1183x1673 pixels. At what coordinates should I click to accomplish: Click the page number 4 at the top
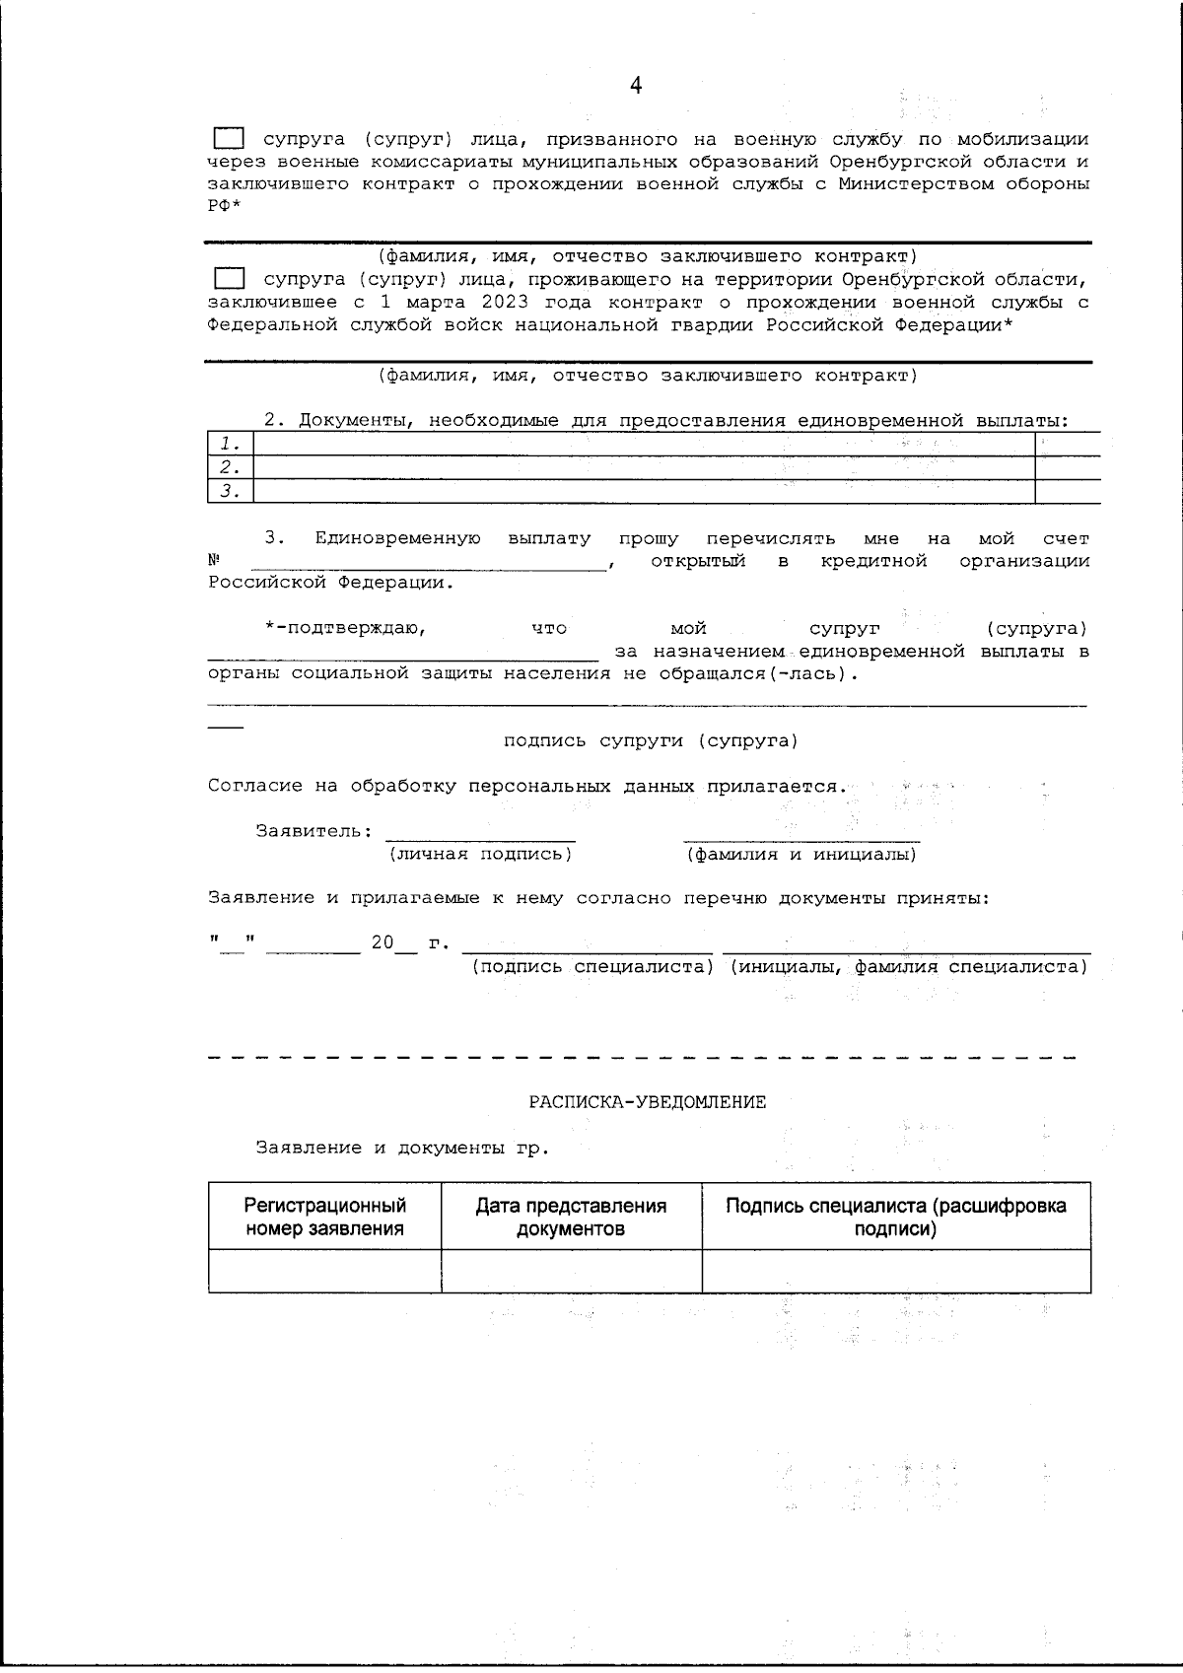[635, 87]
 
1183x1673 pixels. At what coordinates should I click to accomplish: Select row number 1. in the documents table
[231, 444]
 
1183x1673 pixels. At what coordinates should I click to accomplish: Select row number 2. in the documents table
[231, 467]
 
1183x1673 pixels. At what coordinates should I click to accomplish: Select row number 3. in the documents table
[231, 491]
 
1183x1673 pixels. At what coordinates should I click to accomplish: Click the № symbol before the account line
[213, 561]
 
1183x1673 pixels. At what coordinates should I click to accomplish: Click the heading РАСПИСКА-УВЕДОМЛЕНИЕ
[648, 1102]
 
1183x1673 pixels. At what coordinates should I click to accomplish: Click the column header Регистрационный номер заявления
[324, 1217]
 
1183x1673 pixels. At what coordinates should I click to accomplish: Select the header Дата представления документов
[571, 1217]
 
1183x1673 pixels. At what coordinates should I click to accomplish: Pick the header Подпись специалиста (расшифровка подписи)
[895, 1217]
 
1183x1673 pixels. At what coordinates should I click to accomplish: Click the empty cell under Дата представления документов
[571, 1271]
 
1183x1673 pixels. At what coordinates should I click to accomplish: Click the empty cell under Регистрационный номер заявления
[324, 1271]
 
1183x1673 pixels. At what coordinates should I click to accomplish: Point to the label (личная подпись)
[480, 854]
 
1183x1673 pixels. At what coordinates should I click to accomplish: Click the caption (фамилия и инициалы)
[801, 855]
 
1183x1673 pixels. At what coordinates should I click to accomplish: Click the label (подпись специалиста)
[591, 967]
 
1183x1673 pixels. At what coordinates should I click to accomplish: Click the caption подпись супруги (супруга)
[651, 741]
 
